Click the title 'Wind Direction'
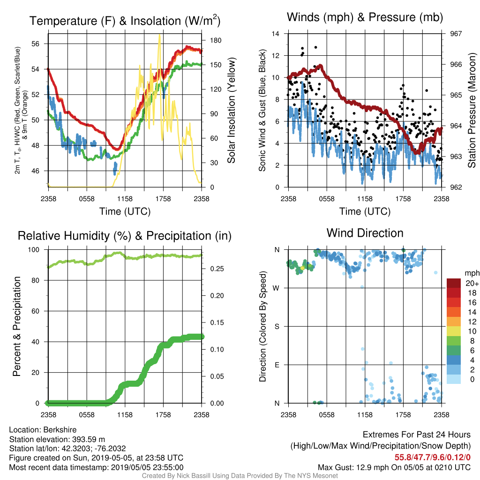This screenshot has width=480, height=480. pos(365,233)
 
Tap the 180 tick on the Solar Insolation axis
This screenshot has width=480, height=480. pos(216,40)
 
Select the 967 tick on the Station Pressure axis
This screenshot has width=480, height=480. pos(456,34)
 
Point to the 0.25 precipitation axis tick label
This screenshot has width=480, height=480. pos(217,269)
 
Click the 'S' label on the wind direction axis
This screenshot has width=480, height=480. pos(277,327)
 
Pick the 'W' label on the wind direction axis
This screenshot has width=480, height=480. pos(276,288)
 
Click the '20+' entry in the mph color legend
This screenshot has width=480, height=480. pos(472,284)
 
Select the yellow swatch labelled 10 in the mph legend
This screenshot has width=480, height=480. pos(453,331)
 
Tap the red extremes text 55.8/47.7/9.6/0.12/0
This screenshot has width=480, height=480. pos(432,457)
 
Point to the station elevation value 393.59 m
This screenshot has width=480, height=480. pos(89,439)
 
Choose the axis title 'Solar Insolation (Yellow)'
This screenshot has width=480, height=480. pos(232,110)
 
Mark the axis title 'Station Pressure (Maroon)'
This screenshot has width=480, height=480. pos(472,110)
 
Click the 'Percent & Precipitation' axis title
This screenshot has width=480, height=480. pos(16,326)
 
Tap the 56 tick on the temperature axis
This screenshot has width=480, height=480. pos(36,44)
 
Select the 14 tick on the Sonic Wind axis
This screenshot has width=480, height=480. pos(276,34)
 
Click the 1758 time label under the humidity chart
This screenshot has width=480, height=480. pos(163,415)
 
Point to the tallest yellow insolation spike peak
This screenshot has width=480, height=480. pos(159,35)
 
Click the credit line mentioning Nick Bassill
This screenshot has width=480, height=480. pos(240,476)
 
